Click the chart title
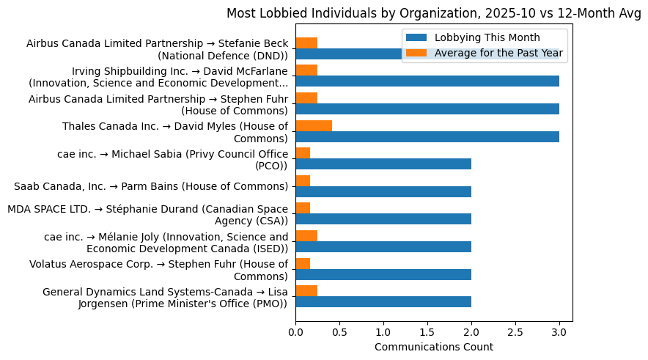[433, 13]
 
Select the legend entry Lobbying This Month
[487, 38]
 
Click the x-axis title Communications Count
[433, 347]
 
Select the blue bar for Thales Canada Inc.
[427, 136]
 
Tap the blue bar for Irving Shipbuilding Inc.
[427, 81]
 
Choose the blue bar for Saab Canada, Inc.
[383, 191]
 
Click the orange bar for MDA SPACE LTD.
[303, 208]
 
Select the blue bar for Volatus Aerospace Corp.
[383, 274]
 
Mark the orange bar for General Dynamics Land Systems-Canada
[306, 291]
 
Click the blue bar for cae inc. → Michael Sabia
[383, 164]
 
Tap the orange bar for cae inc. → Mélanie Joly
[306, 235]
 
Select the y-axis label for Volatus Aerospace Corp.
[159, 270]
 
